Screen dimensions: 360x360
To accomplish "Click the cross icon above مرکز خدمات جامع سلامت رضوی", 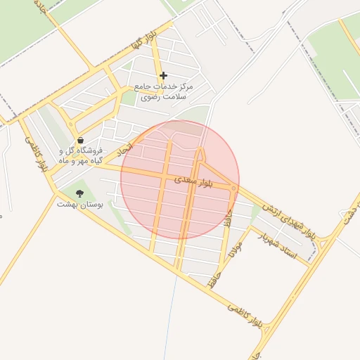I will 164,75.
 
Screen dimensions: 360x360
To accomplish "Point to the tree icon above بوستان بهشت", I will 79,193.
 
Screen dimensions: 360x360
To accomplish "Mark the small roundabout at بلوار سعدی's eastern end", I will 234,188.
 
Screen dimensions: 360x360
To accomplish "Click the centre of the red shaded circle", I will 180,180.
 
